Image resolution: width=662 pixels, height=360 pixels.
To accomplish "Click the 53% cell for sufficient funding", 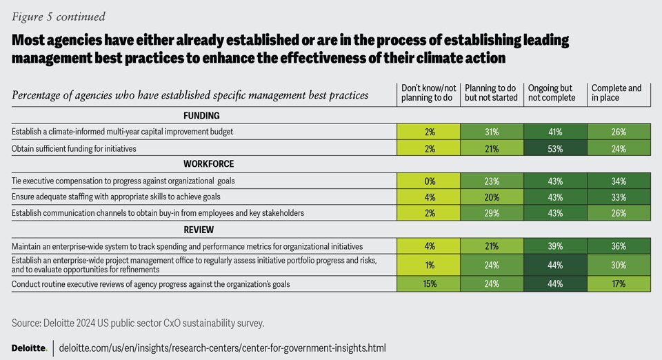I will pyautogui.click(x=555, y=148).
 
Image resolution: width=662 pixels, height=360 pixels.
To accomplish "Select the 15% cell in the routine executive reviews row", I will pyautogui.click(x=428, y=284).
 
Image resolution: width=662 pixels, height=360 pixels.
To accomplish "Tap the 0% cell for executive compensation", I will pyautogui.click(x=428, y=181).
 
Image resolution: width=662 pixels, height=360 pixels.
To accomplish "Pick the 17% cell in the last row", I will pyautogui.click(x=619, y=284).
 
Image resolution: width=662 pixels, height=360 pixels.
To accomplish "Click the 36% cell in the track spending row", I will pyautogui.click(x=619, y=246).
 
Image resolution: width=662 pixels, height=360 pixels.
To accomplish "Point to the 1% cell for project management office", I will pyautogui.click(x=428, y=265).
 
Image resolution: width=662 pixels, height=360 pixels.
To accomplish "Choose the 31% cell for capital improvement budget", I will pyautogui.click(x=492, y=130).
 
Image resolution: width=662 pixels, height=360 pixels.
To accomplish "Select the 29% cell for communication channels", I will pyautogui.click(x=492, y=214).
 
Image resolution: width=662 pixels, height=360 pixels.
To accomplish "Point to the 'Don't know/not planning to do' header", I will pyautogui.click(x=428, y=93).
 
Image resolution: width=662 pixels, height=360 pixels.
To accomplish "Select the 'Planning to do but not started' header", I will pyautogui.click(x=491, y=93).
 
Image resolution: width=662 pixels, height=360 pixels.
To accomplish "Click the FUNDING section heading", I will pyautogui.click(x=201, y=115).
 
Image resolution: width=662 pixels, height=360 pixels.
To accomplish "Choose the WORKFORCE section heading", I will pyautogui.click(x=201, y=164).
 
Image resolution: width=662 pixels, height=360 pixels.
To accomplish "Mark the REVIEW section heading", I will pyautogui.click(x=201, y=230).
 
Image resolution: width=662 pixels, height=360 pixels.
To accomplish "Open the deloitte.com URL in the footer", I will pyautogui.click(x=223, y=347).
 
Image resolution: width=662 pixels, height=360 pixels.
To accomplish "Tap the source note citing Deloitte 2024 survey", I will pyautogui.click(x=138, y=323).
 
